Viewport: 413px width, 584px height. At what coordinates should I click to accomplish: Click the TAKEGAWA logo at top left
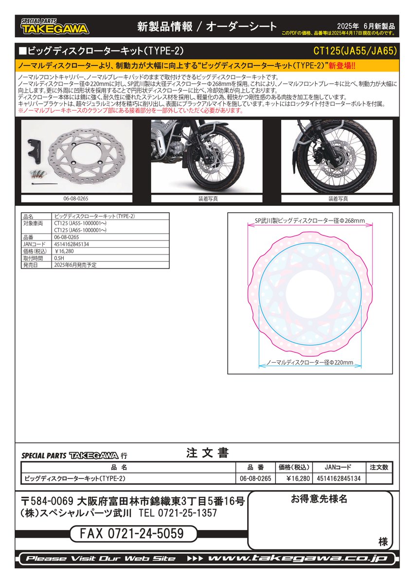coord(54,27)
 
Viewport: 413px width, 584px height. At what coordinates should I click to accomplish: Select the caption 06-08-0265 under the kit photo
coord(76,199)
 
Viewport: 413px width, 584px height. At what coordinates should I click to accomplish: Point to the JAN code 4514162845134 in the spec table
coord(72,244)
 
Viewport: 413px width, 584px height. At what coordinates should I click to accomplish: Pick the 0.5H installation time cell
coord(59,258)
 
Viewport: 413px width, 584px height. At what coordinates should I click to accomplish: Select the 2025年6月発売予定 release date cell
coord(75,265)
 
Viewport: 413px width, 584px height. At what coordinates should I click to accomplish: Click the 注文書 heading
coord(207,453)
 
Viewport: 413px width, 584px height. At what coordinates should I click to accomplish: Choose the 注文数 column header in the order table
coord(379,467)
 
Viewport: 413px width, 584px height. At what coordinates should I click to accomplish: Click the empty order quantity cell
coord(379,478)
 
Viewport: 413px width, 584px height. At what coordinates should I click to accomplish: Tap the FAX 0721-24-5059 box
coord(134,534)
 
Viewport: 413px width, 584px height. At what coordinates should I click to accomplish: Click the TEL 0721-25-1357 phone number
coord(178,513)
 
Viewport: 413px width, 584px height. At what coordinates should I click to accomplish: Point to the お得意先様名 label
coord(319,500)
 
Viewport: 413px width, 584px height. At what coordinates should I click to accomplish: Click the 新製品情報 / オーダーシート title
coord(207,27)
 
